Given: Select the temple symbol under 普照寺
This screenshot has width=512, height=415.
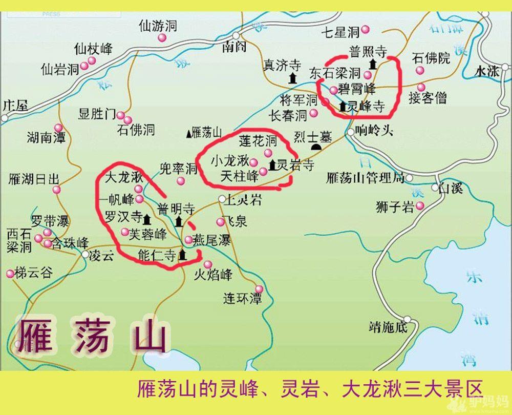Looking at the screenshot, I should (x=373, y=64).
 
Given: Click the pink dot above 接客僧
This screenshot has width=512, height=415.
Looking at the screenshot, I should (x=421, y=87).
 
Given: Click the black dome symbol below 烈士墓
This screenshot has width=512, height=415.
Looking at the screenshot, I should (x=317, y=148).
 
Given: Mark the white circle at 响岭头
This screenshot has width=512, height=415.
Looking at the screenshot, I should (x=351, y=132).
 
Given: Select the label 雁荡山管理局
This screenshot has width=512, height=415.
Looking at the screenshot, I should (x=365, y=178).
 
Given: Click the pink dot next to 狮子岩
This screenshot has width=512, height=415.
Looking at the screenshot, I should (x=420, y=206).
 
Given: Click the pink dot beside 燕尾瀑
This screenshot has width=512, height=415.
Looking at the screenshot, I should (x=188, y=239).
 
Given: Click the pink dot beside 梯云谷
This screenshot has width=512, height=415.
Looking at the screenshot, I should (x=10, y=274).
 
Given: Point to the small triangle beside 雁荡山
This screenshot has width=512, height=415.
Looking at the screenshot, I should (x=189, y=133).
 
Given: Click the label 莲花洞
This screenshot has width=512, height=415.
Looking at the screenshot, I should (x=258, y=141).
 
